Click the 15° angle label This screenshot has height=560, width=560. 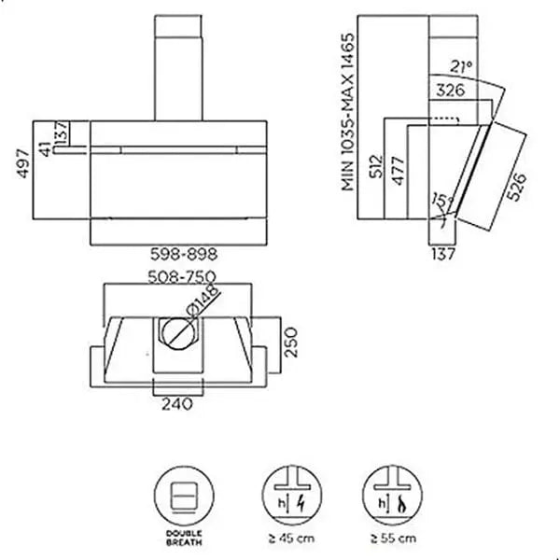[x=440, y=202]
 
